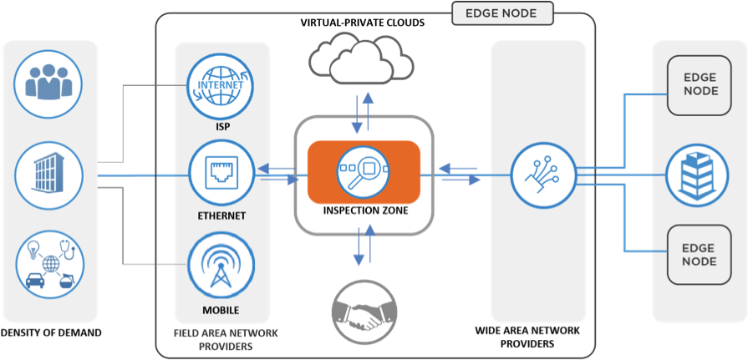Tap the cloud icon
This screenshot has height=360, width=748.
click(x=361, y=57)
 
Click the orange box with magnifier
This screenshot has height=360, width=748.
click(x=363, y=172)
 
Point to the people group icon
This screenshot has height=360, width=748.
click(x=50, y=82)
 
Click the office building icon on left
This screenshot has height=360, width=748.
click(x=50, y=175)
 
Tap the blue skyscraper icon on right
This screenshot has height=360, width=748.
click(x=700, y=175)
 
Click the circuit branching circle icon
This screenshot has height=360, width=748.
click(x=543, y=175)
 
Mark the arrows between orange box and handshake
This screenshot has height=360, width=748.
click(x=363, y=245)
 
